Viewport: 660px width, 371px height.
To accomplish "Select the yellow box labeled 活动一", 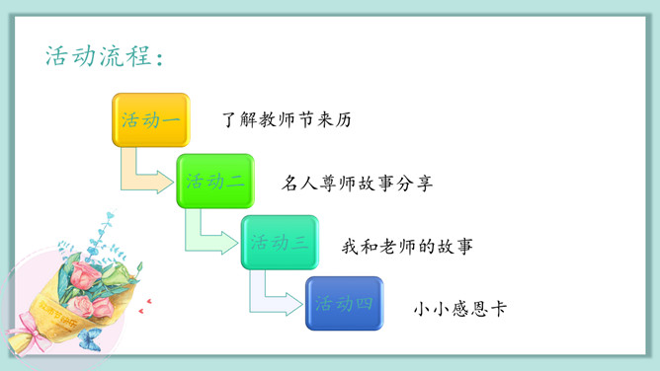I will pos(149,120).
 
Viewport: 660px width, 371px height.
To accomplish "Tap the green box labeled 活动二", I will pos(214,181).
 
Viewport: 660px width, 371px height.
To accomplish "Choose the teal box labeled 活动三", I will pos(280,242).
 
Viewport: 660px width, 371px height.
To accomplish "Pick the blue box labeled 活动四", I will pos(344,303).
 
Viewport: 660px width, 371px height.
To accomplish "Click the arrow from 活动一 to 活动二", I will pos(144,176).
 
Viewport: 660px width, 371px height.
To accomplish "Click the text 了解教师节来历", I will pos(287,121).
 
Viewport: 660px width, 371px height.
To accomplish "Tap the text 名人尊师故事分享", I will pos(357,184).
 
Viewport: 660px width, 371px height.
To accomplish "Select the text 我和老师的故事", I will pos(407,245).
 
